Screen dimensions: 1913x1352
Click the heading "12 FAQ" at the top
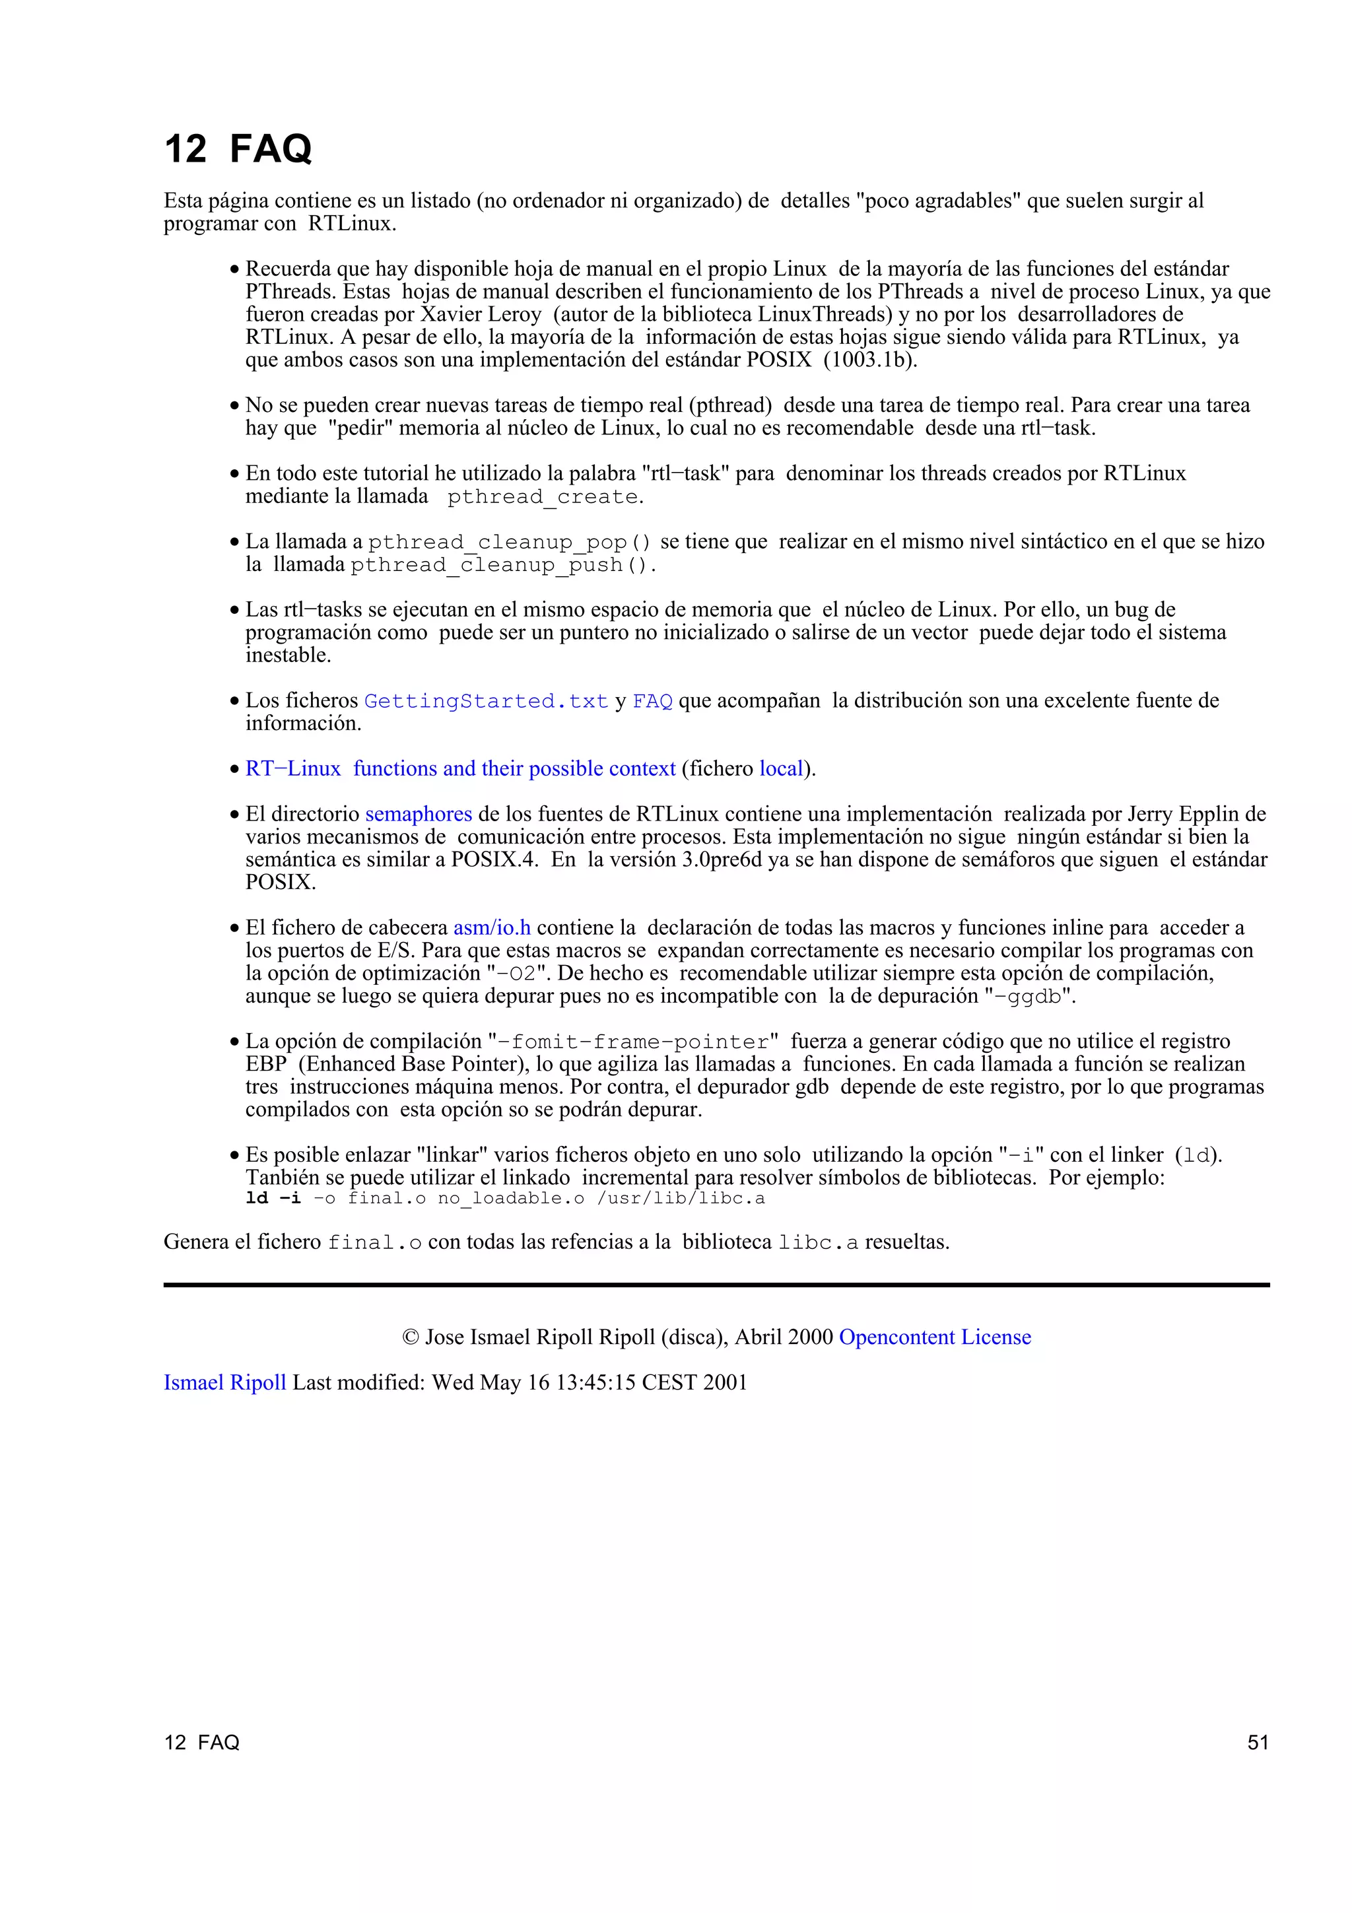click(x=238, y=149)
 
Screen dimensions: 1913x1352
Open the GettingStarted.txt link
click(x=486, y=702)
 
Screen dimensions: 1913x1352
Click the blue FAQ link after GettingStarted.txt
click(x=652, y=702)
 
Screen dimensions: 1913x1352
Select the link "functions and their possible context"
click(x=514, y=768)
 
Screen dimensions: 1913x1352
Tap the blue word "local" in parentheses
click(x=780, y=768)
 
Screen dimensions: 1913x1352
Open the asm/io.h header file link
click(x=491, y=927)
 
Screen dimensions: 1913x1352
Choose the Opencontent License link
click(x=935, y=1337)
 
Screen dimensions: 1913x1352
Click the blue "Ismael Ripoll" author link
click(x=225, y=1382)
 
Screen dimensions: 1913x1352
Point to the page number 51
click(x=1258, y=1742)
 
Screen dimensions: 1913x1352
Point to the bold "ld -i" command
click(x=273, y=1198)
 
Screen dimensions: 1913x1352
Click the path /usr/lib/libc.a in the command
click(x=681, y=1199)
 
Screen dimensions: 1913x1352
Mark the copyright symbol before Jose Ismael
click(x=411, y=1337)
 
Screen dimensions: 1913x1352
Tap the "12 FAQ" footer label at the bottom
click(x=201, y=1742)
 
